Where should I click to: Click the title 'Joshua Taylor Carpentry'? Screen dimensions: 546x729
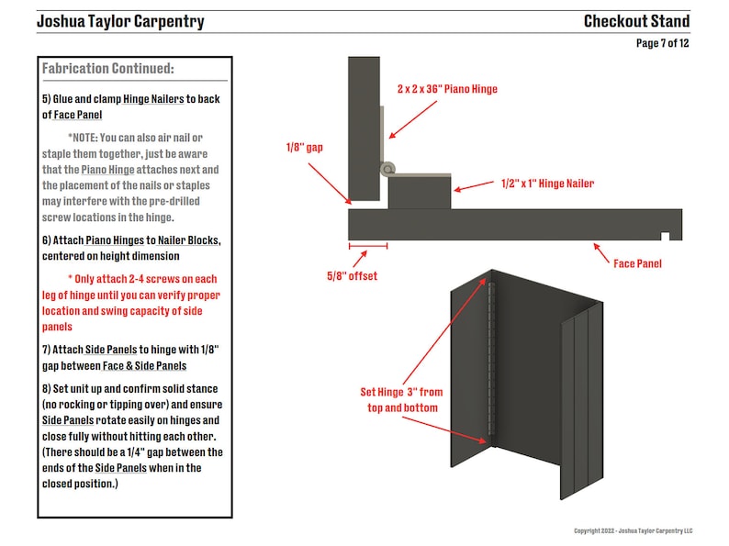click(120, 21)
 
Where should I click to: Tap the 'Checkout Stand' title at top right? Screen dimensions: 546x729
click(636, 21)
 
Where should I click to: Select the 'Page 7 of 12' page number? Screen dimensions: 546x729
click(662, 43)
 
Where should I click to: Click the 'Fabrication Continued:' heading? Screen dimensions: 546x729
click(107, 69)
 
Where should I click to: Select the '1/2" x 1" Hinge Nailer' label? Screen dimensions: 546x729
click(547, 184)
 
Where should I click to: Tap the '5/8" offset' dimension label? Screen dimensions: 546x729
click(352, 275)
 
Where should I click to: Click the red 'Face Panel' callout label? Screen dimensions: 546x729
click(637, 263)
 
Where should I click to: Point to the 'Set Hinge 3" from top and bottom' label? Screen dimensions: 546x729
click(400, 399)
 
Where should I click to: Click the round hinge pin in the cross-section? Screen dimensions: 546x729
click(389, 169)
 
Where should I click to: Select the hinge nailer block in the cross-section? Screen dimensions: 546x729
click(420, 193)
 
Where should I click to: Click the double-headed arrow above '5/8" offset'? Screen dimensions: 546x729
click(368, 246)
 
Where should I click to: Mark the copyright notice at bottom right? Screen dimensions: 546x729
click(633, 530)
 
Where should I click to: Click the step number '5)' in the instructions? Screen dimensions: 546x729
click(47, 98)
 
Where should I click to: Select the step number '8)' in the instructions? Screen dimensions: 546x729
click(47, 388)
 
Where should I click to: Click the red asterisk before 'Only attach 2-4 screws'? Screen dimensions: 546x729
click(71, 279)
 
